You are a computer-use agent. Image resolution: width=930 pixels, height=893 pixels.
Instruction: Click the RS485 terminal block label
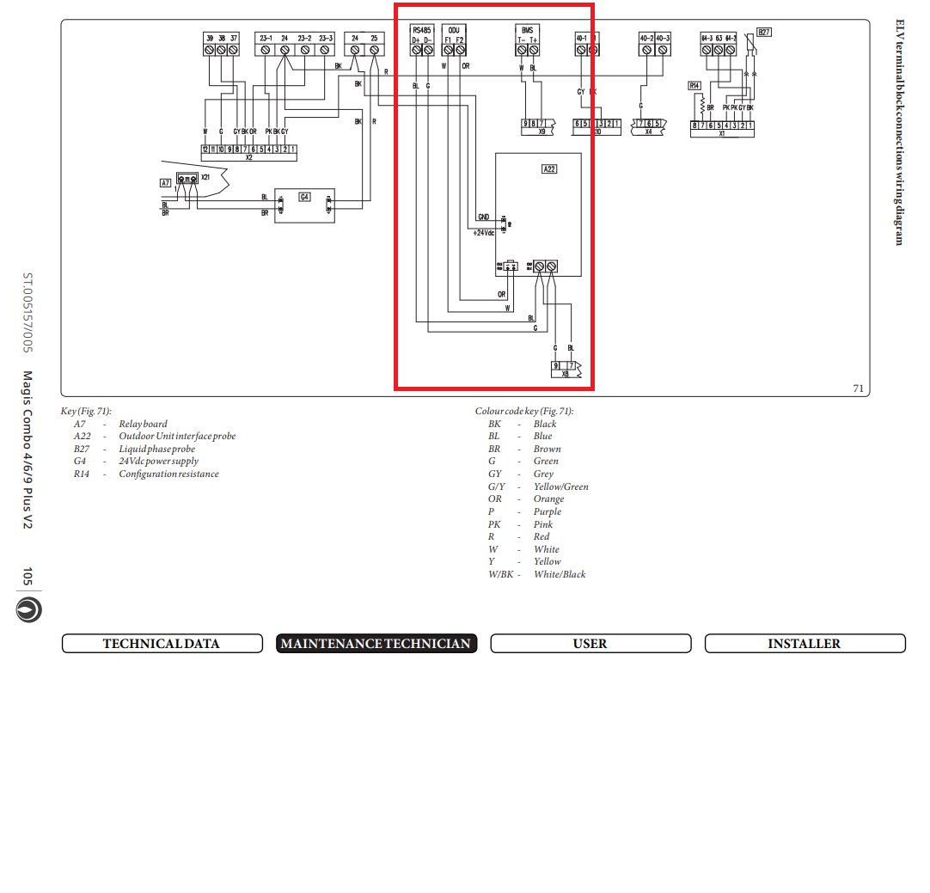click(x=421, y=30)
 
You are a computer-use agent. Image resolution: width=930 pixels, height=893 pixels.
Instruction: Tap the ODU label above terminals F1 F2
click(x=454, y=30)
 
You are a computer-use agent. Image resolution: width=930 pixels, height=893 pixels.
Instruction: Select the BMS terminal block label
click(x=527, y=30)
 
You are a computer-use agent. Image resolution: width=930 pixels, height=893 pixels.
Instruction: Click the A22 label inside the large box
click(x=549, y=169)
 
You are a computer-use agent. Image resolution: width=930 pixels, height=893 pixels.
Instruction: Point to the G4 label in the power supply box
click(x=304, y=197)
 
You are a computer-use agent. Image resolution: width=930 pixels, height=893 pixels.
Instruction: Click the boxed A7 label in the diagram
click(x=166, y=183)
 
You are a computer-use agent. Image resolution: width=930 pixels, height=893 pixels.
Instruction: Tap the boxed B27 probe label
click(x=764, y=33)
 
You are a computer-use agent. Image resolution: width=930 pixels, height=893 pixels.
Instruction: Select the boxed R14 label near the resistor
click(x=694, y=86)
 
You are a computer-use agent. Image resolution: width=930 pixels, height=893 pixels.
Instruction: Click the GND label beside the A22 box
click(x=483, y=217)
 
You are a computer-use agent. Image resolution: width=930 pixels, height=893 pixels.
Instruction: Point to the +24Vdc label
click(x=483, y=232)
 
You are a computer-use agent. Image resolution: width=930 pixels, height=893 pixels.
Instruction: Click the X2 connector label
click(x=248, y=157)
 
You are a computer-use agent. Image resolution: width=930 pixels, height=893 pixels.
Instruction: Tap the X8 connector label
click(x=565, y=375)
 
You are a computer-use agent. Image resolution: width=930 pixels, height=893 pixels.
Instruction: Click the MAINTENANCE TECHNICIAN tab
click(x=376, y=644)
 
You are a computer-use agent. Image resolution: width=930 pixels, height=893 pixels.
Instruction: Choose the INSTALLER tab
click(x=805, y=644)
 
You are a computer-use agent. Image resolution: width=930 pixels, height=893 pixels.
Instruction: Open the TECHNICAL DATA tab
click(x=161, y=644)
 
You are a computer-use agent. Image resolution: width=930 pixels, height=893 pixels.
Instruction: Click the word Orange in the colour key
click(x=548, y=498)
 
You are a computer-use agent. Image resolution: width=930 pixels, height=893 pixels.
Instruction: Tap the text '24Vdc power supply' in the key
click(x=158, y=462)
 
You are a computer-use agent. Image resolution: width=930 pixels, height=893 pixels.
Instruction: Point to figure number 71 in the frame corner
click(x=858, y=388)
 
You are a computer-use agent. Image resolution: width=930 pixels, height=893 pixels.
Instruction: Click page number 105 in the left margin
click(x=28, y=577)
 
